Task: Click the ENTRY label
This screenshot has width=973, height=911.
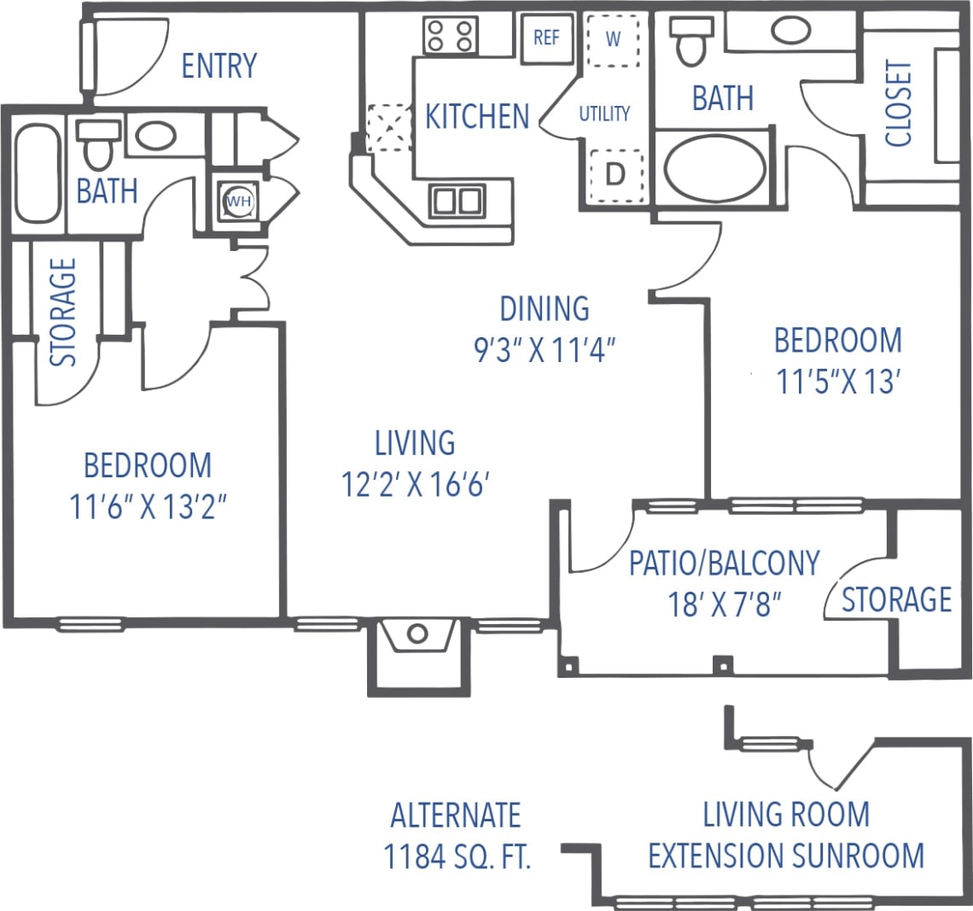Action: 219,66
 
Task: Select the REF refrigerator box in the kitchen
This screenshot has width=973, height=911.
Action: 546,38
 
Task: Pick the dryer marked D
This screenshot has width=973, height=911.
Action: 615,174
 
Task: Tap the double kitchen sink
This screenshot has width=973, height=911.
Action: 457,201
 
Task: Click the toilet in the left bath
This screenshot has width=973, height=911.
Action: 99,146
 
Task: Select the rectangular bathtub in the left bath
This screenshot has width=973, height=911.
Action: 38,174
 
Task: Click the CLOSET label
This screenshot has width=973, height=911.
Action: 899,103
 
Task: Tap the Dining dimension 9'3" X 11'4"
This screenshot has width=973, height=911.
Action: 545,350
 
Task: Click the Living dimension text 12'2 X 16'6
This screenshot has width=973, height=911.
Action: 415,485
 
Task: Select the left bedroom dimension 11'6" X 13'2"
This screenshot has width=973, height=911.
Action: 148,508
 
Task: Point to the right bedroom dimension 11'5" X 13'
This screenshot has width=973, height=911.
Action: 837,383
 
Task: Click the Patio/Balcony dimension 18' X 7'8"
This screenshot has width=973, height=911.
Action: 725,604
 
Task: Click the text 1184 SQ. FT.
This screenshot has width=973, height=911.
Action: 457,856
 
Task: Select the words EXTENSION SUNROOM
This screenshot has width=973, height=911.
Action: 786,855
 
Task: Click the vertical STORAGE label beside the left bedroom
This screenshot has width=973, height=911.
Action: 64,312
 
